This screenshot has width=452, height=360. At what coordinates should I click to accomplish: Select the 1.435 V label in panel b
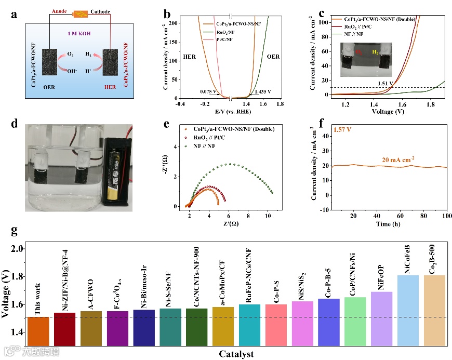[x=263, y=92]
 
